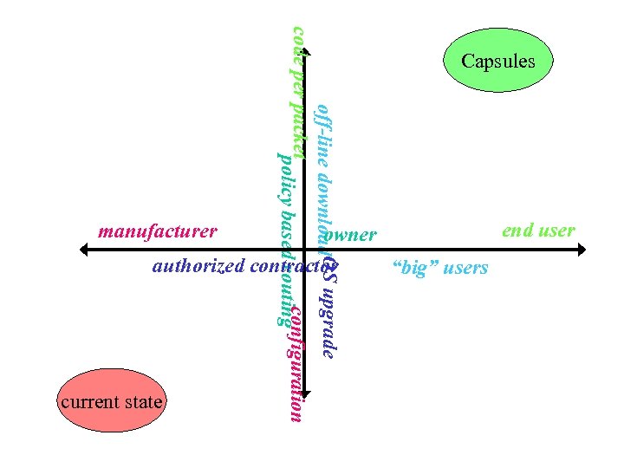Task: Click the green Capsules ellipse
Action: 497,61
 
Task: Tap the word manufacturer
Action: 158,232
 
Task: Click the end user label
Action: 538,231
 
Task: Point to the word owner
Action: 354,235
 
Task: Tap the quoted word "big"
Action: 414,268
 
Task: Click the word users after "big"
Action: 465,268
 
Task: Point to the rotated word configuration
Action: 296,364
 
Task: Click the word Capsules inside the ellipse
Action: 497,61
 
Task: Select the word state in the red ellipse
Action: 142,402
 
